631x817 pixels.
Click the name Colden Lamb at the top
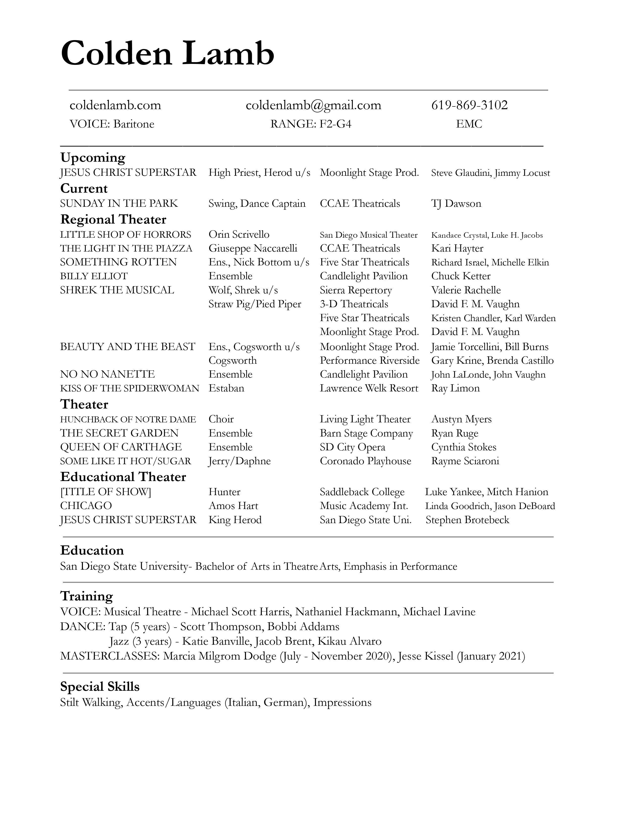[x=168, y=53]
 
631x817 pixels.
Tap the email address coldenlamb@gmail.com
[x=313, y=105]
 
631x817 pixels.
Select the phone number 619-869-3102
[x=469, y=105]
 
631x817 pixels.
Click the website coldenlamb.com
[x=115, y=105]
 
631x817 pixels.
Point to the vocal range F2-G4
[x=335, y=124]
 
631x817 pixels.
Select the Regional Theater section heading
[x=113, y=219]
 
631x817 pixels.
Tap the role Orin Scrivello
[x=239, y=234]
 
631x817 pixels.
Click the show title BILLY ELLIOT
[x=94, y=276]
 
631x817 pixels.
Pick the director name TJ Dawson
[x=456, y=204]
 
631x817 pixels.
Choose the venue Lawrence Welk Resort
[x=369, y=388]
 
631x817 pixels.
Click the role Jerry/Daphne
[x=240, y=461]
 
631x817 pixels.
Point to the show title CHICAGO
[x=86, y=506]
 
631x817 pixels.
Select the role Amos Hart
[x=233, y=506]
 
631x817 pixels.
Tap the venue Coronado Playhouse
[x=365, y=461]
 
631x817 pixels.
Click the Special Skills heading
[x=100, y=687]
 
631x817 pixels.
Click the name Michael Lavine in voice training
[x=439, y=612]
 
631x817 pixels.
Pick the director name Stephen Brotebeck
[x=467, y=520]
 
